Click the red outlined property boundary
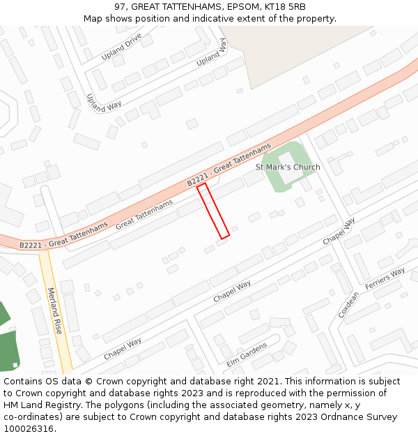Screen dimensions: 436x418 click(x=213, y=211)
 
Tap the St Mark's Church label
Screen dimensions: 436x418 click(x=288, y=167)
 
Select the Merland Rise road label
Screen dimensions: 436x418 click(x=55, y=310)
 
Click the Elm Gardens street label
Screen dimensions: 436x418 click(x=247, y=354)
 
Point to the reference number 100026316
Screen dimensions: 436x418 click(x=29, y=429)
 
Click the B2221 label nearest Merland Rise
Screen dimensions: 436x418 click(x=63, y=236)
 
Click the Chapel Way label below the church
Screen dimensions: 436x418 click(x=339, y=231)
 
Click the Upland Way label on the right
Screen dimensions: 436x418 click(x=212, y=52)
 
